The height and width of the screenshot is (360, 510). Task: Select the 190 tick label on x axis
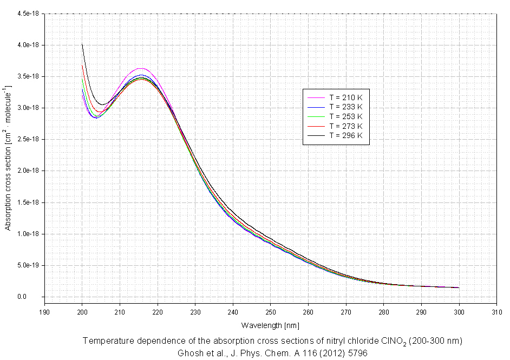pyautogui.click(x=44, y=312)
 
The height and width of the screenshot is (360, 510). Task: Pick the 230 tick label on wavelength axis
pyautogui.click(x=195, y=312)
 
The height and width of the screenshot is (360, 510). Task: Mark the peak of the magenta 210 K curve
pyautogui.click(x=140, y=69)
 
